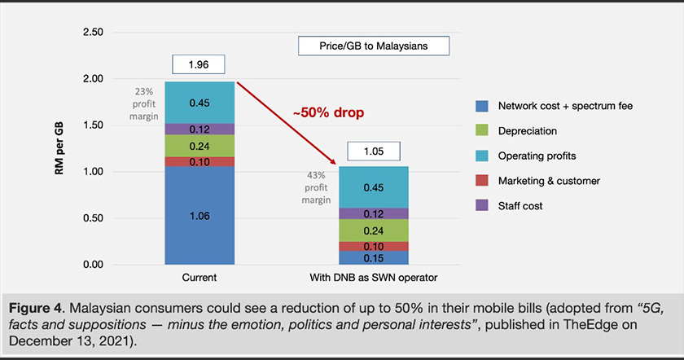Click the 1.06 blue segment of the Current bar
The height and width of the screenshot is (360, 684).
(x=199, y=215)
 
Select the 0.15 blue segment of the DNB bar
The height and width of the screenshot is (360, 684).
(x=375, y=257)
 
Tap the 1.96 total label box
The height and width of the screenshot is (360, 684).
(x=199, y=65)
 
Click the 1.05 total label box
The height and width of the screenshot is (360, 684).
(x=375, y=151)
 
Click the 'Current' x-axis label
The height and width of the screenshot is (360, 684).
(x=199, y=279)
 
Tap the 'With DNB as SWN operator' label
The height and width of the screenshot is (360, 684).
(x=375, y=279)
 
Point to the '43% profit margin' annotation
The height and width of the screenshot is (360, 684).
(x=318, y=187)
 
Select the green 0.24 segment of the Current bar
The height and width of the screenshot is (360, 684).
(x=199, y=146)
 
